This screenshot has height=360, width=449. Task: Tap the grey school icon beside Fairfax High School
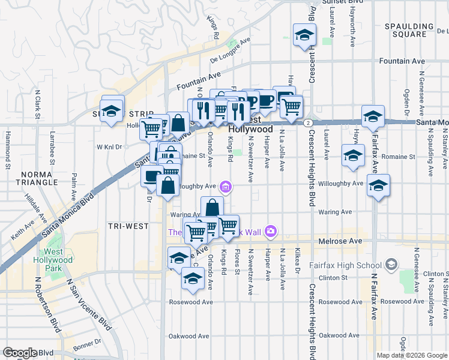[391, 263]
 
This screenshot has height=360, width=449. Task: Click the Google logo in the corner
[20, 353]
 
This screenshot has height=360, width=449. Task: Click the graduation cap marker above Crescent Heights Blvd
[304, 35]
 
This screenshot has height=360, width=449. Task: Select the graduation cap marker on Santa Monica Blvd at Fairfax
[373, 116]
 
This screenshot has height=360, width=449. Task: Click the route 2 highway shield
[307, 122]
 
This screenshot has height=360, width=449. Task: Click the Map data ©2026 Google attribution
[412, 355]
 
